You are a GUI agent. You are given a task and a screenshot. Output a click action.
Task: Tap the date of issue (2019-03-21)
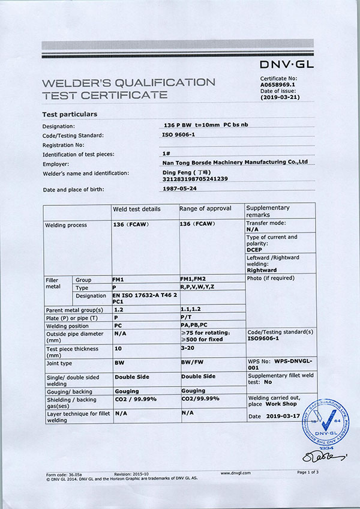click(281, 97)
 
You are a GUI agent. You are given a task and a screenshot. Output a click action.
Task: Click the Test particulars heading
click(70, 114)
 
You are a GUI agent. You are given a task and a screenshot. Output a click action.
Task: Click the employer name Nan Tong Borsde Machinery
click(235, 162)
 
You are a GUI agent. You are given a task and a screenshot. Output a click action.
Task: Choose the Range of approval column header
click(205, 208)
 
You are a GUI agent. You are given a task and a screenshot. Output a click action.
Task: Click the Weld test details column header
click(137, 209)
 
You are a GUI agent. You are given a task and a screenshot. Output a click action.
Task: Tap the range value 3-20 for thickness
click(188, 348)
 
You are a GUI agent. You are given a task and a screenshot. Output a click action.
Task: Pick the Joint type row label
click(59, 363)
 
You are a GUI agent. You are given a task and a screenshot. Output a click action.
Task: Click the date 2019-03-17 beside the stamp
click(282, 416)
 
